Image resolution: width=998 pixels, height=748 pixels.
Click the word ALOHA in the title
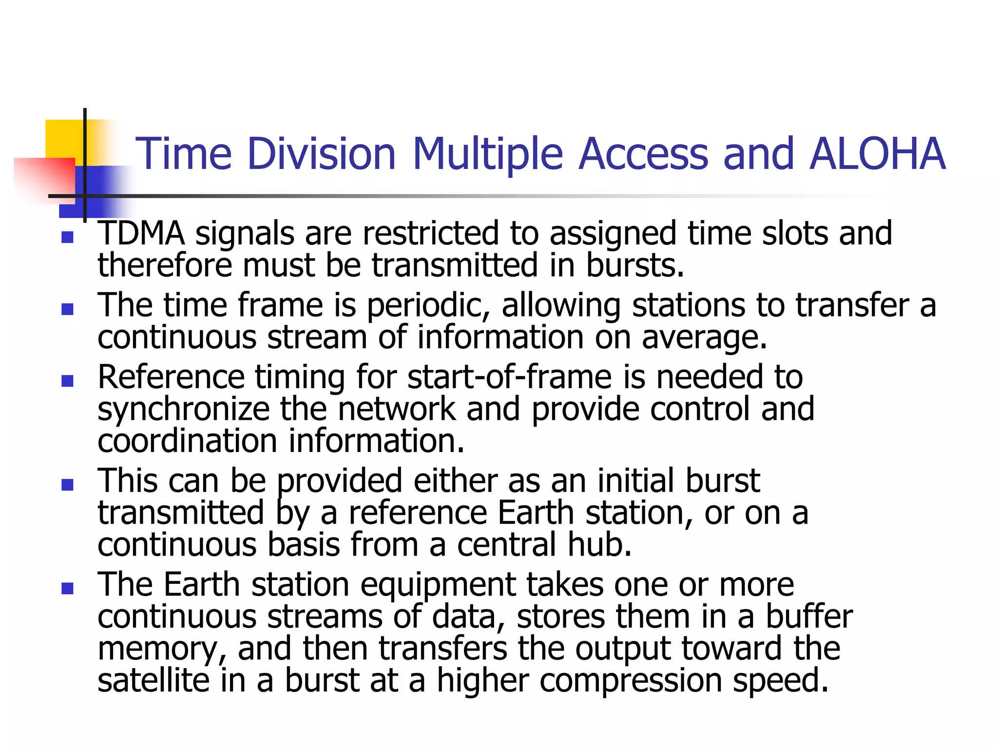[x=877, y=154]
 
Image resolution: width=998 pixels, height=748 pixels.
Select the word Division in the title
[x=322, y=154]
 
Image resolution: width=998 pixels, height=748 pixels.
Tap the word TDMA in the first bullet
[x=141, y=233]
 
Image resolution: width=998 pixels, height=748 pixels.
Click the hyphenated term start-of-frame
[x=509, y=377]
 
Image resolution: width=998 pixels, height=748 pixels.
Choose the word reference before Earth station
[x=418, y=513]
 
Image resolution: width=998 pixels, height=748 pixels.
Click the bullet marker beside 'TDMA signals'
[x=68, y=238]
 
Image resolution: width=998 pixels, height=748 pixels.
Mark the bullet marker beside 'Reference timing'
[x=68, y=381]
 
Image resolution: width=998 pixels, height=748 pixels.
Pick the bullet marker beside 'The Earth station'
[x=68, y=588]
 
